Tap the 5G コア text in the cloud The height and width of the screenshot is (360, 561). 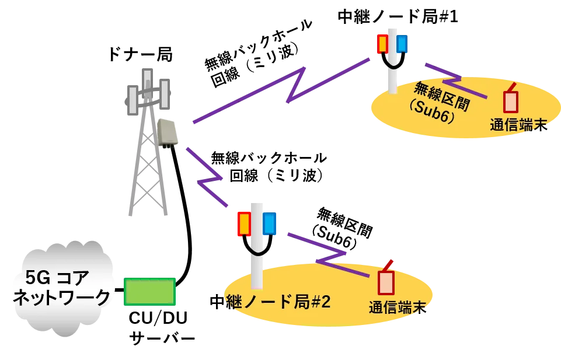pyautogui.click(x=57, y=277)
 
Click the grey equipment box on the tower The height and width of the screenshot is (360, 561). pyautogui.click(x=168, y=132)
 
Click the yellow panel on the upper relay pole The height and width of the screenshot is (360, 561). pyautogui.click(x=382, y=44)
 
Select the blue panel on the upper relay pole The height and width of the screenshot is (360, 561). pyautogui.click(x=402, y=44)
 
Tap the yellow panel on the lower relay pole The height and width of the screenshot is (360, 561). pyautogui.click(x=244, y=224)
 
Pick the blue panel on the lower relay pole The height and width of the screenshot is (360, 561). pyautogui.click(x=269, y=224)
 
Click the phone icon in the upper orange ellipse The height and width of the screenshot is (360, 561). pyautogui.click(x=511, y=101)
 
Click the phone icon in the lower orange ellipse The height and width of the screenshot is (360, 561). pyautogui.click(x=386, y=282)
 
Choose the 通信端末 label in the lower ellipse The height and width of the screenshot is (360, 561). pyautogui.click(x=396, y=307)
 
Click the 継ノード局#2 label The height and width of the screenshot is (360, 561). pyautogui.click(x=278, y=302)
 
